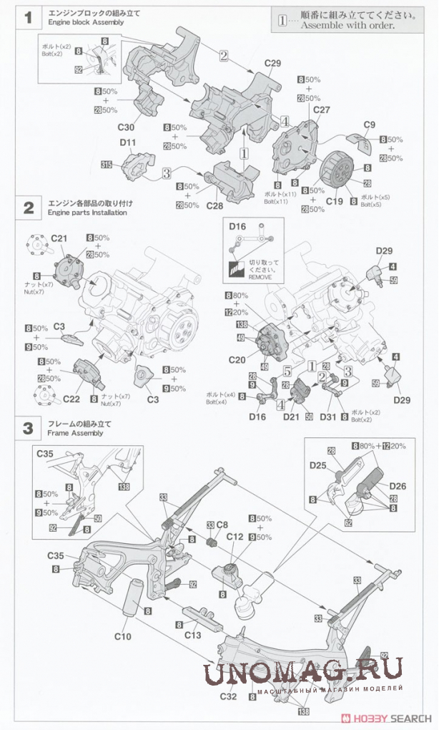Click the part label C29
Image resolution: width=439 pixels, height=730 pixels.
(x=272, y=63)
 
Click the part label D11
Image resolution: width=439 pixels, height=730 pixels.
(x=127, y=143)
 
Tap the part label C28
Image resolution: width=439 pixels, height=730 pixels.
(x=214, y=205)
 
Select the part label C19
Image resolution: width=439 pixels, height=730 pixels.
(x=335, y=203)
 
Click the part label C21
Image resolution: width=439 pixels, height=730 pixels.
(x=59, y=238)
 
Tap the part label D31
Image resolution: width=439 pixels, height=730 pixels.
(x=328, y=416)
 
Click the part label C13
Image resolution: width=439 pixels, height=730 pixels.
(x=192, y=633)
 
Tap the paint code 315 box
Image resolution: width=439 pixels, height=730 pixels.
(x=107, y=165)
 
